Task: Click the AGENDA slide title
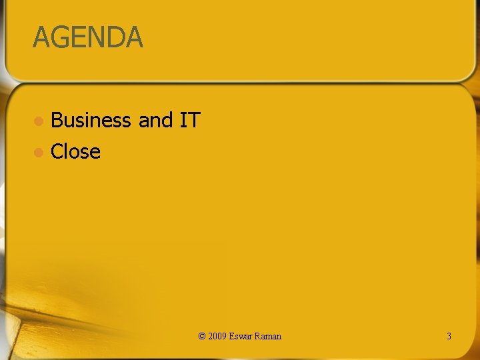coord(87,37)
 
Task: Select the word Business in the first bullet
coord(91,121)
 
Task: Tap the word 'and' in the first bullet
coord(155,121)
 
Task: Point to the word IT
coord(190,121)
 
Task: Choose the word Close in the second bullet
coord(75,152)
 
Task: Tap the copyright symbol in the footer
coord(202,336)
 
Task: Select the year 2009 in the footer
coord(217,336)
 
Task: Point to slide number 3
coord(449,336)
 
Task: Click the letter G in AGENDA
coord(60,37)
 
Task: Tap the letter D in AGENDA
coord(114,37)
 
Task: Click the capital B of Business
coord(57,121)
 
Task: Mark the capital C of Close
coord(57,152)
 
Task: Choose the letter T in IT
coord(194,121)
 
